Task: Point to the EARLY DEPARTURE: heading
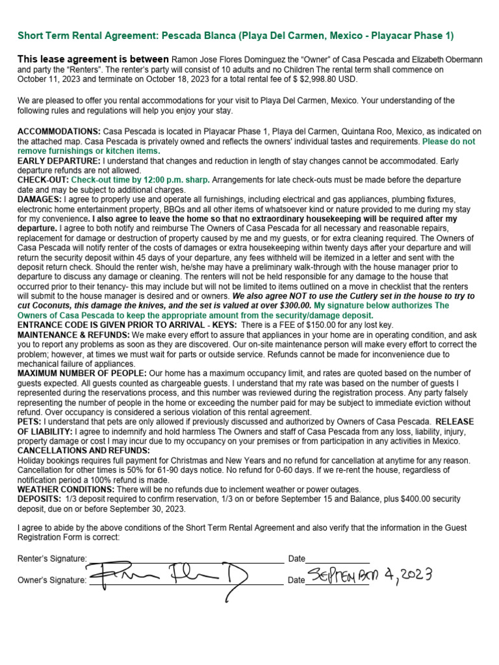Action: [58, 160]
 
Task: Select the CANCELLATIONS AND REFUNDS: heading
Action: [84, 450]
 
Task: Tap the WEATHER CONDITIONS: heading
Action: [66, 489]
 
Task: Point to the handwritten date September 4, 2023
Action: [367, 575]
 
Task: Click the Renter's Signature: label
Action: [52, 558]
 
